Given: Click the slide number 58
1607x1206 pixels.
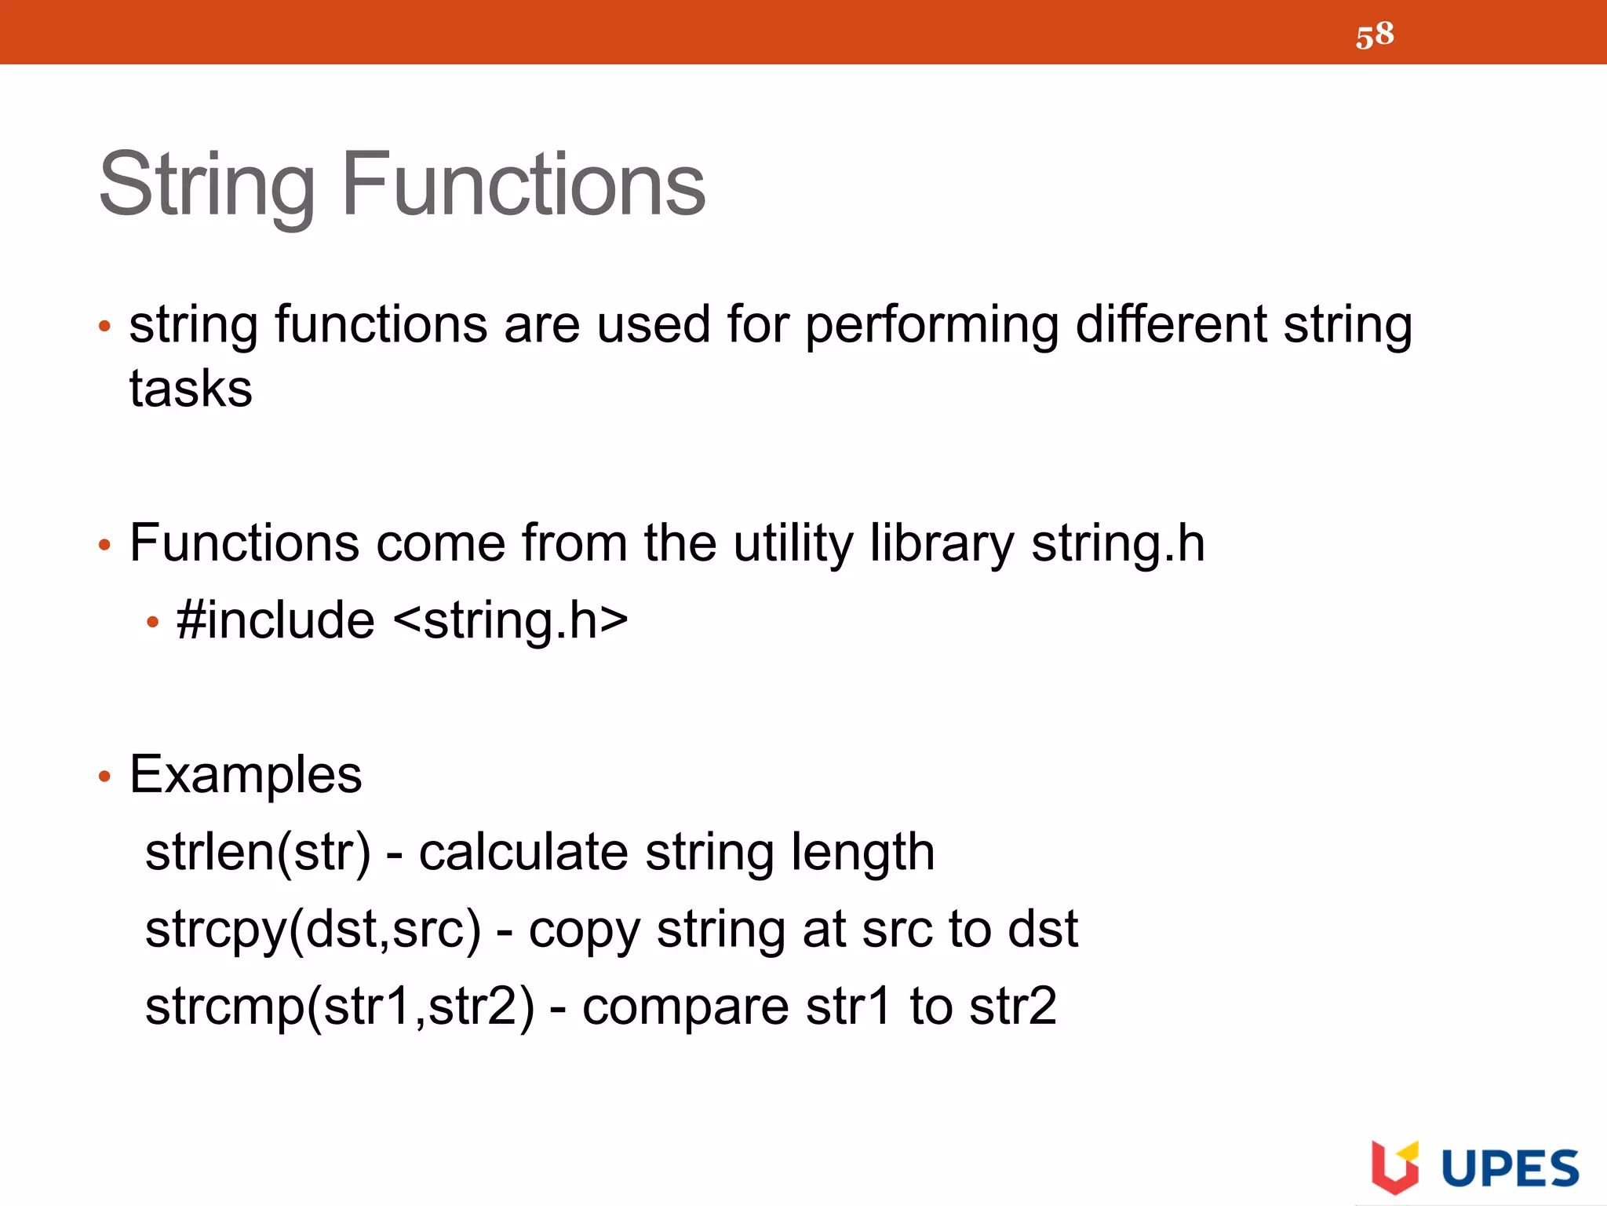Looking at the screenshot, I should point(1375,35).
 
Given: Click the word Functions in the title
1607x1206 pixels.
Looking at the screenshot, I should point(523,185).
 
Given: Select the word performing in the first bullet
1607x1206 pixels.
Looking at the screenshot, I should point(931,326).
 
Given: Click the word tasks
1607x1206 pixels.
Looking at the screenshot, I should point(191,389).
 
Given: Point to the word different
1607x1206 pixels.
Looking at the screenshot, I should point(1171,324).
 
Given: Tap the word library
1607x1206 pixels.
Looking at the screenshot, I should point(942,544).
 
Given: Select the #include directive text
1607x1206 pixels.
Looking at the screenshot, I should point(275,620).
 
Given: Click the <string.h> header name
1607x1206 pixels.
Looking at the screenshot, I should point(511,620).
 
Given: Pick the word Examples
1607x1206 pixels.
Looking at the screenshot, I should point(246,775).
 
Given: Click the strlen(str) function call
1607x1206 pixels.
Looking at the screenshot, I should point(258,853).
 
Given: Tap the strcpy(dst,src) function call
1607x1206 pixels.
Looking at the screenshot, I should point(313,930).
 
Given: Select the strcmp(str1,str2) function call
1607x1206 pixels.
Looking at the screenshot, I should point(340,1007).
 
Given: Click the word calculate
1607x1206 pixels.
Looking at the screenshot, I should point(523,853).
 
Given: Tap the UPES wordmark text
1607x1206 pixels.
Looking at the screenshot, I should point(1510,1168).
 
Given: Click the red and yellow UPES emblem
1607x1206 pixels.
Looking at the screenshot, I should point(1394,1167).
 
